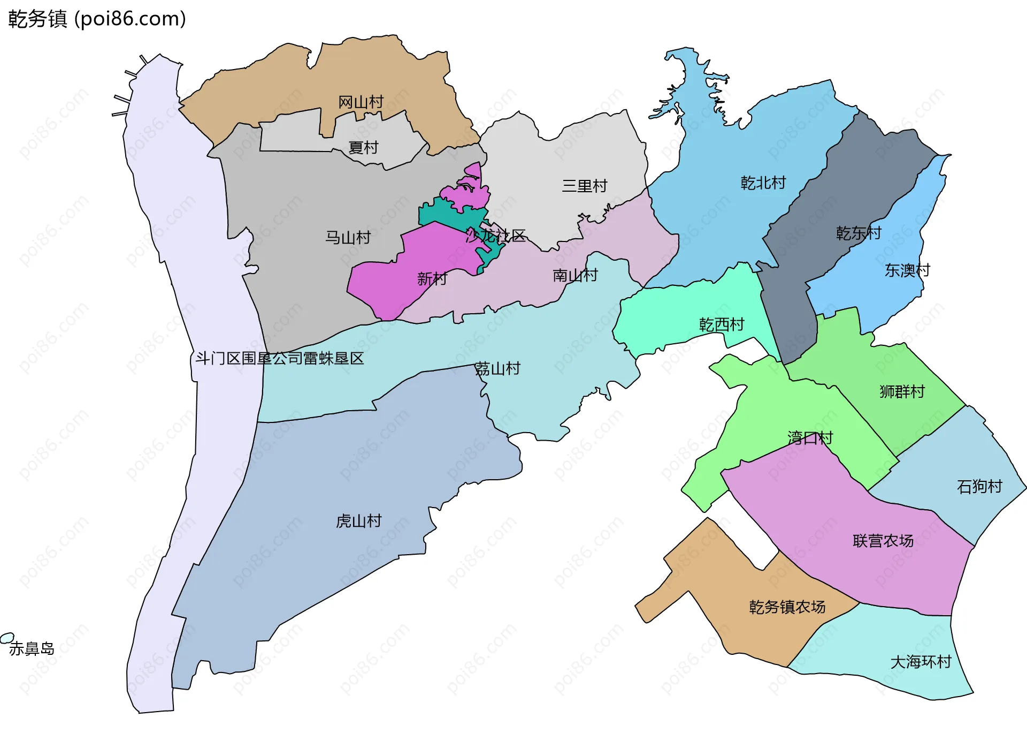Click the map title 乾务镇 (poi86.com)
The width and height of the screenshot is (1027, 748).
[x=97, y=19]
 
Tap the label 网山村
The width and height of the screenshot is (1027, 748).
[x=361, y=102]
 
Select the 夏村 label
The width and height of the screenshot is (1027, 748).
[x=363, y=147]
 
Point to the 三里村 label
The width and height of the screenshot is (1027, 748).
[x=584, y=186]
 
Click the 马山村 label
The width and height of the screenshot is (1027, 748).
[x=348, y=237]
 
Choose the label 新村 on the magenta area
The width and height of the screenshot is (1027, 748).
[x=432, y=278]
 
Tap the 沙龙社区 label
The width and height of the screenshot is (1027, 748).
[x=495, y=236]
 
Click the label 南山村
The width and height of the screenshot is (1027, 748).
[x=575, y=275]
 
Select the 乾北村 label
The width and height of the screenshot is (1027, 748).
[x=763, y=183]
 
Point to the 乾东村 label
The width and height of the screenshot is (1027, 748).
[x=859, y=233]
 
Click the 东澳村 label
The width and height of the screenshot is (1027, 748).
[x=907, y=270]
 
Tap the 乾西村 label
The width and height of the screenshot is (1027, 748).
[x=721, y=324]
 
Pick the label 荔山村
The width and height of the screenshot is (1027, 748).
[x=497, y=368]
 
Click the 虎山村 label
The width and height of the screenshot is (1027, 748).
[x=358, y=521]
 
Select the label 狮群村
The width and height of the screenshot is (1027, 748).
[x=902, y=391]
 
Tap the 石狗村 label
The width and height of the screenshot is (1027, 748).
[x=979, y=486]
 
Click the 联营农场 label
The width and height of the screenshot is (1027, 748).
[x=883, y=541]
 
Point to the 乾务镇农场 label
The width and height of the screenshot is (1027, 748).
[x=787, y=607]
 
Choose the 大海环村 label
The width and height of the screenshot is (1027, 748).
[x=921, y=662]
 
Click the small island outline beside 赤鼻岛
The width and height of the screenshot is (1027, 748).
[x=6, y=638]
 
